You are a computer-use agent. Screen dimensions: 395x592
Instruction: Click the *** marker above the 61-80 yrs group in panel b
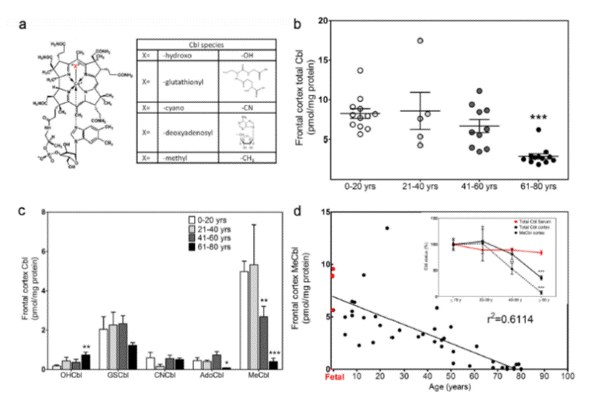click(531, 118)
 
